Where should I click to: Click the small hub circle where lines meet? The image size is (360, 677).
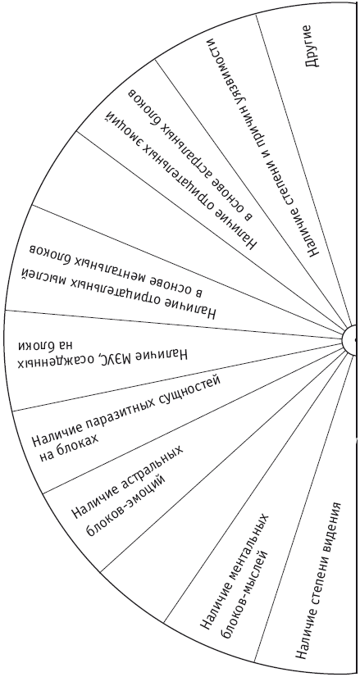click(x=350, y=340)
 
